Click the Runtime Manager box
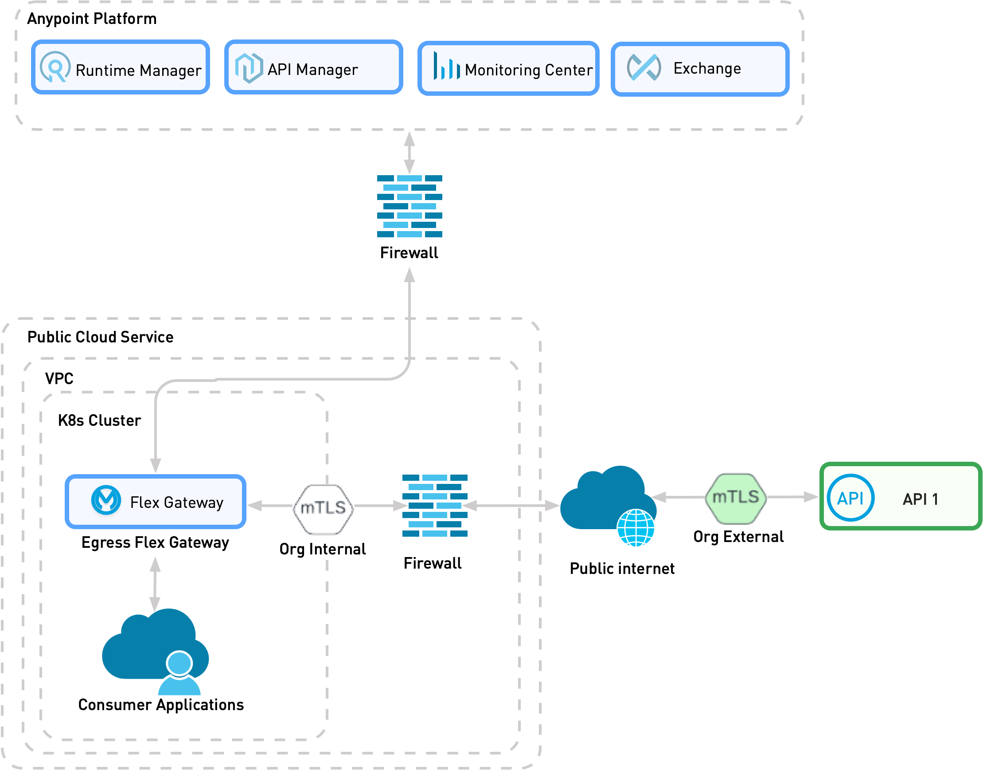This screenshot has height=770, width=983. (x=120, y=67)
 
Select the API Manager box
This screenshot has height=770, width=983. (x=313, y=67)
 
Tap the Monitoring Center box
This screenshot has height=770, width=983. (x=508, y=68)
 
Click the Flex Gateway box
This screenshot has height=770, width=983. (x=156, y=502)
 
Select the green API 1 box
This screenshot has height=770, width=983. (x=901, y=496)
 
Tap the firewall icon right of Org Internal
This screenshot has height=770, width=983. (x=435, y=505)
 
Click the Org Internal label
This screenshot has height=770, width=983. (x=323, y=549)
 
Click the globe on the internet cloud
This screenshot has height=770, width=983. (x=636, y=528)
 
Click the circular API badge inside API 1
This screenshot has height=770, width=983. (x=850, y=498)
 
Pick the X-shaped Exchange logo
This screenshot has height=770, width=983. (x=644, y=67)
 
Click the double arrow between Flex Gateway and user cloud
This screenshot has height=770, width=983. (x=155, y=584)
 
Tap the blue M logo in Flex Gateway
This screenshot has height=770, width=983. (x=106, y=500)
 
